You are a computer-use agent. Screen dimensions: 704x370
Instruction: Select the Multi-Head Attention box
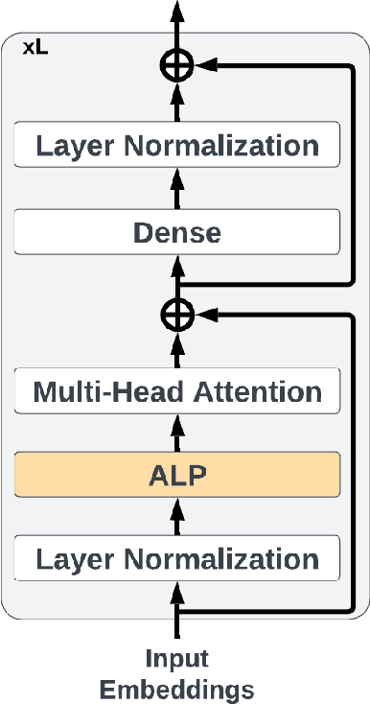(x=177, y=392)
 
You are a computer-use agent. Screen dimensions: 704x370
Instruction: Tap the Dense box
(x=177, y=232)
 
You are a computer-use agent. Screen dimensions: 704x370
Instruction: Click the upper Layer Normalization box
(x=177, y=147)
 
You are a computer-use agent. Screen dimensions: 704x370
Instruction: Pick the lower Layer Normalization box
(x=177, y=559)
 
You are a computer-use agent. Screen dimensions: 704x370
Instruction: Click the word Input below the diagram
(x=177, y=659)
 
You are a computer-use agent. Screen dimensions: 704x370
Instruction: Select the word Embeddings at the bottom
(x=177, y=689)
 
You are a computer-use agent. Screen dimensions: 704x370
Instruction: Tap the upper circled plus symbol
(x=177, y=64)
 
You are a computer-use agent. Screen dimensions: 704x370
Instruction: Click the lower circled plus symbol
(x=177, y=312)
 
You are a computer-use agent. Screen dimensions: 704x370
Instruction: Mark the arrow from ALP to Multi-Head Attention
(x=177, y=434)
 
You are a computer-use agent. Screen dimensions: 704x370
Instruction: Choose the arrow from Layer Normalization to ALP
(x=177, y=518)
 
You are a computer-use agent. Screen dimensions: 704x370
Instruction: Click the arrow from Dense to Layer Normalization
(x=177, y=190)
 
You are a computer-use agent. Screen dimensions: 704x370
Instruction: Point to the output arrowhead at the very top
(x=177, y=10)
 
